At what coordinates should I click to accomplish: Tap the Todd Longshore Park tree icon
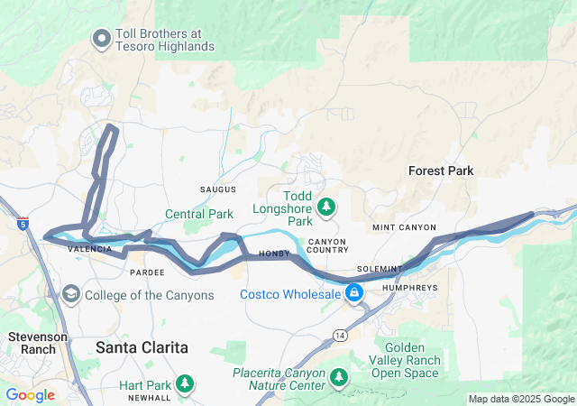pos(326,208)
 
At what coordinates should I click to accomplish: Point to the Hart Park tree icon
pos(185,384)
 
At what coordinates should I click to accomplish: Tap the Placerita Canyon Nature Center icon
pos(339,377)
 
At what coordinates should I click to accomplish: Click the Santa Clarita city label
pos(142,346)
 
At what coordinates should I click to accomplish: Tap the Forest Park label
pos(441,171)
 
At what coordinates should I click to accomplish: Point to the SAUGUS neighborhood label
pos(217,189)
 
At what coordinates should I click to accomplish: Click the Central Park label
pos(198,214)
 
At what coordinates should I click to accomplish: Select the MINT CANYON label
pos(404,227)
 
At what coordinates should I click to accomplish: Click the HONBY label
pos(274,254)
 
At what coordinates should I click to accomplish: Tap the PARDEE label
pos(147,272)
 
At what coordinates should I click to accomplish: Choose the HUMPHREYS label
pos(409,288)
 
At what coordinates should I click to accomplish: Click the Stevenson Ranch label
pos(32,342)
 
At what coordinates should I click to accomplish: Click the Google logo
pos(30,395)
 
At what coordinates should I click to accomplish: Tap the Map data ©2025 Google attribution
pos(521,399)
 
